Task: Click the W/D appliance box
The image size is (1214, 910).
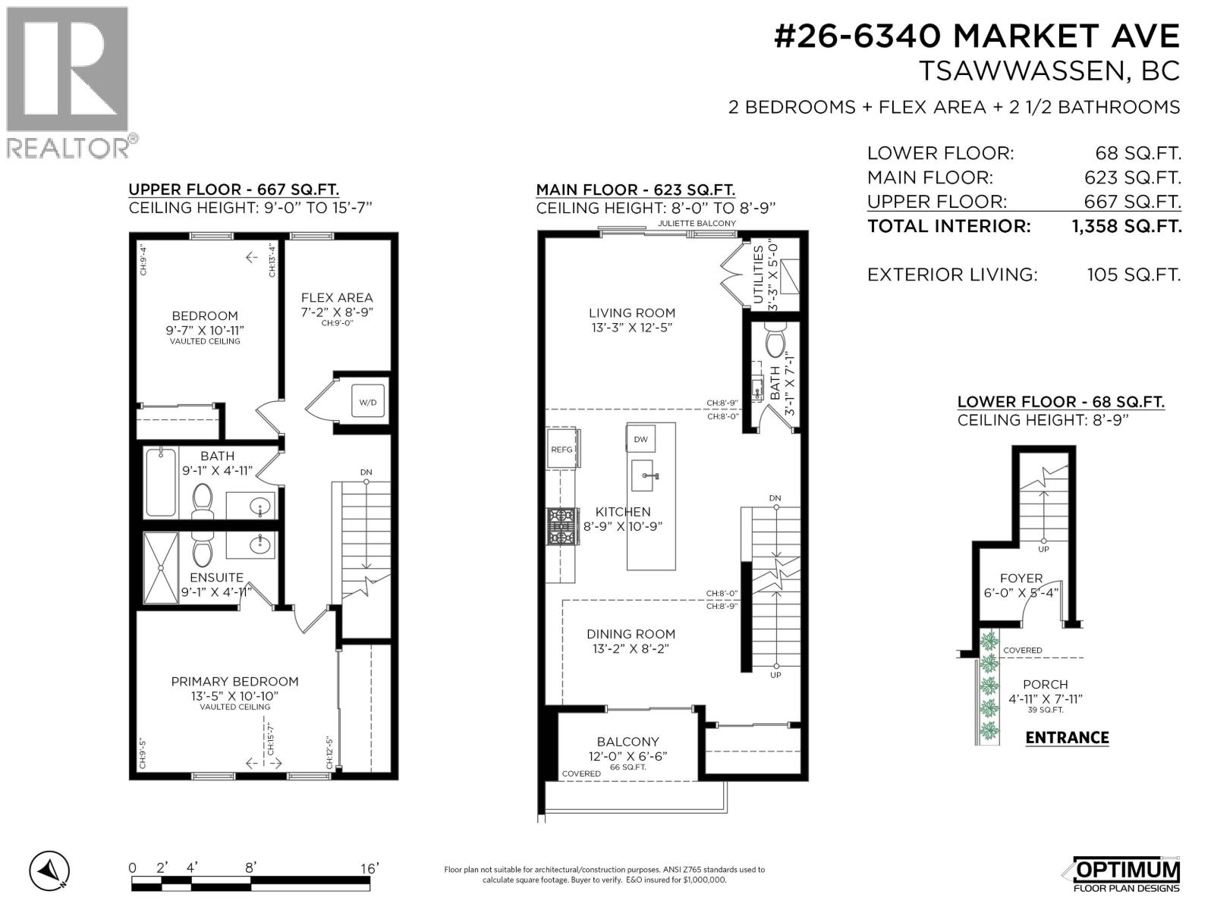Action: pyautogui.click(x=367, y=402)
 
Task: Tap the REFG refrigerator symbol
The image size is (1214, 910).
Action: pyautogui.click(x=561, y=449)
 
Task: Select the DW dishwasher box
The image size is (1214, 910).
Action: pyautogui.click(x=640, y=439)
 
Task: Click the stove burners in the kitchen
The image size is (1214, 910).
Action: pyautogui.click(x=561, y=526)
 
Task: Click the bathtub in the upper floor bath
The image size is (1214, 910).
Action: pyautogui.click(x=160, y=482)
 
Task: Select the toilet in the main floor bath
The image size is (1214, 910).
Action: pyautogui.click(x=775, y=341)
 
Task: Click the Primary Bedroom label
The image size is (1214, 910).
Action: pyautogui.click(x=234, y=682)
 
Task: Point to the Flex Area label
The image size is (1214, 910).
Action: pyautogui.click(x=337, y=298)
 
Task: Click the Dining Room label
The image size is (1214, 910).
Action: pyautogui.click(x=631, y=634)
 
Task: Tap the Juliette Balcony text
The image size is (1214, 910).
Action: pyautogui.click(x=697, y=224)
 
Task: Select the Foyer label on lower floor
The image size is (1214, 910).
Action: pyautogui.click(x=1021, y=578)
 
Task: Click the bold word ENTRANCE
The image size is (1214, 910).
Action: pyautogui.click(x=1067, y=738)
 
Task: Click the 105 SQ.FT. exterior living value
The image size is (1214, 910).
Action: pyautogui.click(x=1134, y=275)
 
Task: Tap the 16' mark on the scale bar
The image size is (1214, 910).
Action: pyautogui.click(x=369, y=868)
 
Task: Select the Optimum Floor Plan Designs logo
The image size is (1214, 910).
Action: pyautogui.click(x=1126, y=874)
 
